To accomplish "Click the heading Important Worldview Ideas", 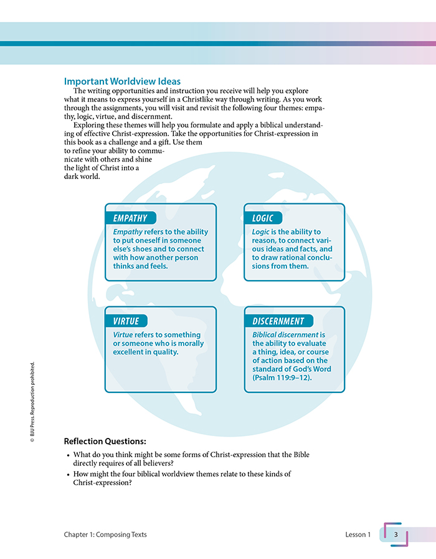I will tap(122, 82).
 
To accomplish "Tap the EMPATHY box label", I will tap(130, 218).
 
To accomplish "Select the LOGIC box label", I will tap(262, 218).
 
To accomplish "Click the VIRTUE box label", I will tap(126, 321).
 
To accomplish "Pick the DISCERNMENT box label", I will tap(278, 321).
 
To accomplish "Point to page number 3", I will tap(396, 534).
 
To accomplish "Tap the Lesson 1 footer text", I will tap(358, 535).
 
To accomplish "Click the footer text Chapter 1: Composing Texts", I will tap(105, 535).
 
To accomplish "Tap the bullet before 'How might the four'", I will tap(68, 475).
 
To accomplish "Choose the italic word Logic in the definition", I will tap(261, 232).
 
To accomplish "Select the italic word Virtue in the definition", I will tap(123, 335).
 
